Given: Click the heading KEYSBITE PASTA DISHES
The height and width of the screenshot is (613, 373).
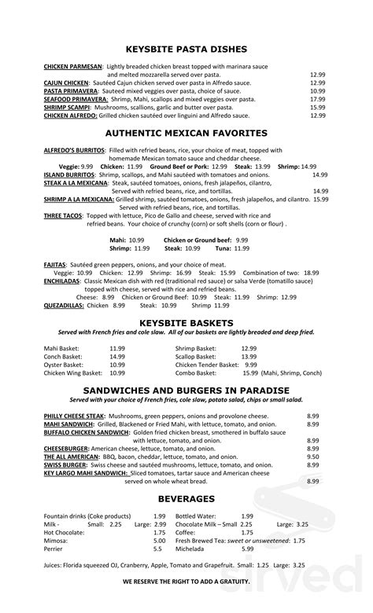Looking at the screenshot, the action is (186, 48).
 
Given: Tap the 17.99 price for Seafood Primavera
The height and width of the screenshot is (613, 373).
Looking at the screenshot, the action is (317, 99).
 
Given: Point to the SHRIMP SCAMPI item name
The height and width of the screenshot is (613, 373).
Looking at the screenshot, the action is (67, 107).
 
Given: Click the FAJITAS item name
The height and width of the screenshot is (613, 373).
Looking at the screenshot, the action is (55, 266).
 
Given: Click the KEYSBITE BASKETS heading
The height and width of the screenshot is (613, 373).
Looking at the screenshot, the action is (186, 323).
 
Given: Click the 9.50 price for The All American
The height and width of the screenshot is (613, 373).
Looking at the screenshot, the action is (312, 456).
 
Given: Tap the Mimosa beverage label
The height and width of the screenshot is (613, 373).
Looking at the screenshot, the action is (56, 541).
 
